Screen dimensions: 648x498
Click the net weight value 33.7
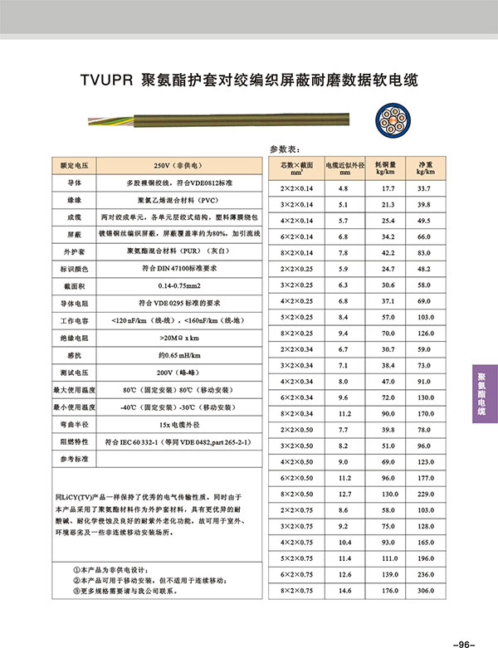tap(427, 189)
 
